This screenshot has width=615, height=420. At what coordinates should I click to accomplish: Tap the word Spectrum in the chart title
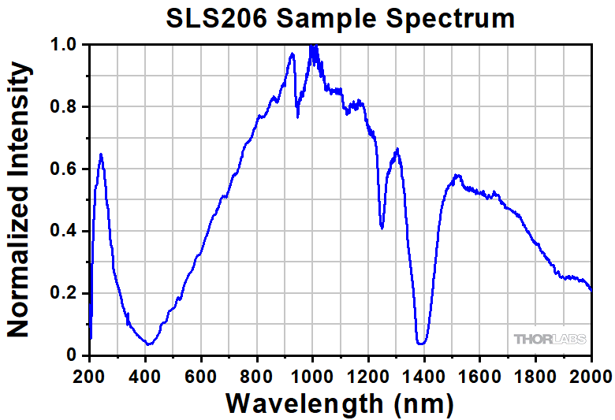(449, 19)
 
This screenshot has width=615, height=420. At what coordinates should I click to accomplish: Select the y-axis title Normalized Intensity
(19, 201)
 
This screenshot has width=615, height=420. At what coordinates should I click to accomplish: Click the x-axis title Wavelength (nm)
(340, 403)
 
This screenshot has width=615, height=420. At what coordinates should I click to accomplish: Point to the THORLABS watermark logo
(550, 339)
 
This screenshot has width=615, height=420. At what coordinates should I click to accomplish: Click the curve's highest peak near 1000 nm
(313, 46)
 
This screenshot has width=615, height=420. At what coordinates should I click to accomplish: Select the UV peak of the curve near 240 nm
(101, 154)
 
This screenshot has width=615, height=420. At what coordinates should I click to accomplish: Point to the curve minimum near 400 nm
(147, 344)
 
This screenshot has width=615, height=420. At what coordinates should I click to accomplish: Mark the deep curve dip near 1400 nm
(422, 344)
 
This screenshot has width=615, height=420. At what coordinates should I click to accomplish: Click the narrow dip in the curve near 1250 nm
(382, 228)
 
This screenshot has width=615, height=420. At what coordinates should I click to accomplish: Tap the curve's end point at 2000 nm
(591, 290)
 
